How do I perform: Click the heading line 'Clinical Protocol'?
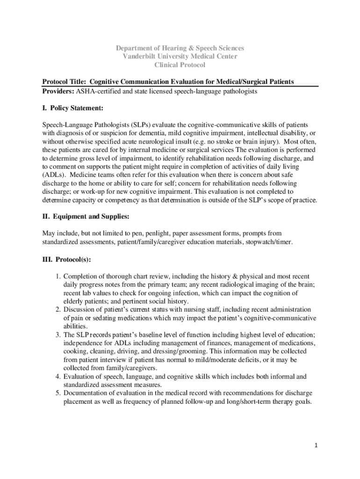[180, 65]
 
